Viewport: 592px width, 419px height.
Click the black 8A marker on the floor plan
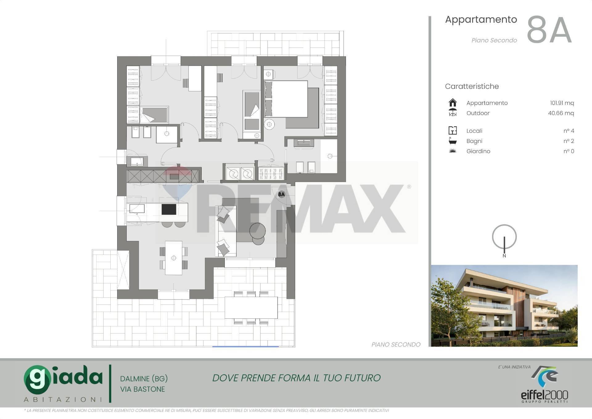(x=281, y=194)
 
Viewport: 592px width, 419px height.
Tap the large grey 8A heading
(x=549, y=30)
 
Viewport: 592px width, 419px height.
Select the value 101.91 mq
(x=562, y=103)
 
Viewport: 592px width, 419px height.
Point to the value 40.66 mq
(x=561, y=113)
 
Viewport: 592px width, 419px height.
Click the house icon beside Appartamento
(x=453, y=102)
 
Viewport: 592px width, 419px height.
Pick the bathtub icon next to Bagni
(x=452, y=141)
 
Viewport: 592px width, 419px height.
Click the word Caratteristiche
(x=472, y=86)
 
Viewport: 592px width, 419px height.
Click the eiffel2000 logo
(x=545, y=384)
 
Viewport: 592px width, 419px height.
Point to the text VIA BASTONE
(x=142, y=389)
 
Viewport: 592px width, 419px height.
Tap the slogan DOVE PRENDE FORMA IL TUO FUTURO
(x=296, y=378)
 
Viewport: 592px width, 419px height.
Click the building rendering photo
(x=504, y=305)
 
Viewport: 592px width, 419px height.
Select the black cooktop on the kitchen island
(x=169, y=209)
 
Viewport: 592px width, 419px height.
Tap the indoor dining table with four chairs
(x=174, y=258)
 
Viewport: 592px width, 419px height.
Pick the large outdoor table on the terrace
(x=251, y=308)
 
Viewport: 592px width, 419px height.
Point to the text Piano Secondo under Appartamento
(x=494, y=40)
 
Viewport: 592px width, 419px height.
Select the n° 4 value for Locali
(x=569, y=131)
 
